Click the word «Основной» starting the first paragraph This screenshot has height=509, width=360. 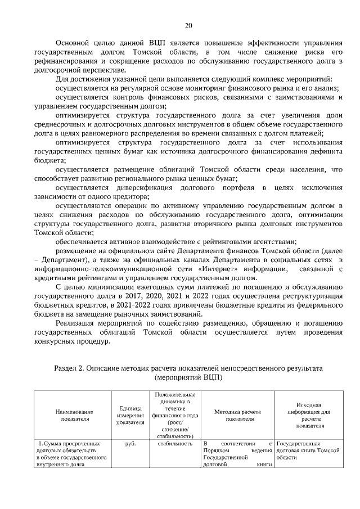tap(73, 43)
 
